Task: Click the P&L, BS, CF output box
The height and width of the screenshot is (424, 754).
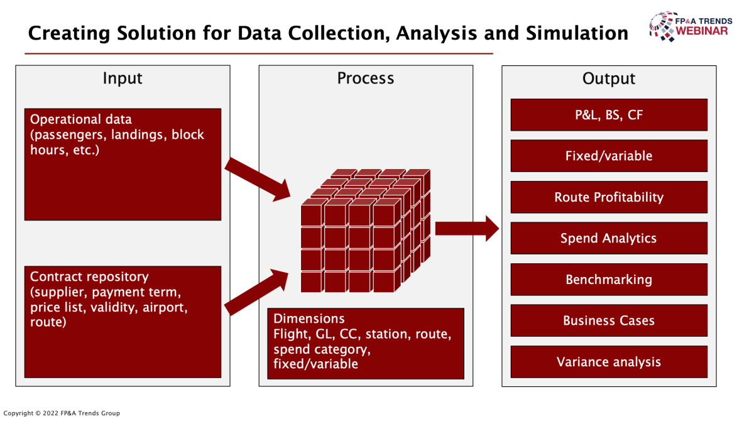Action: (609, 115)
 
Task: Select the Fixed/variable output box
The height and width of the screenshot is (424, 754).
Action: (609, 156)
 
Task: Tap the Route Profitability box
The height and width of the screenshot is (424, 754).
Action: (609, 197)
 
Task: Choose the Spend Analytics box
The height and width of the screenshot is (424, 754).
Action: (609, 238)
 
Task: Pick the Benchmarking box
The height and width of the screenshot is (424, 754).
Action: (609, 280)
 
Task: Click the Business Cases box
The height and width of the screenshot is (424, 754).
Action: (609, 321)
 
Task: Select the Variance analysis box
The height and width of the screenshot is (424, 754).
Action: (609, 362)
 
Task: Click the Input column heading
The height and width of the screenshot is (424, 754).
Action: (123, 79)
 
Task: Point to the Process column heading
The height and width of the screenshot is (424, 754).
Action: (366, 79)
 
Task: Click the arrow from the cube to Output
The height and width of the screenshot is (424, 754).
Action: (467, 229)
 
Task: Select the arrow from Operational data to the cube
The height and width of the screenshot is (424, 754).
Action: (258, 180)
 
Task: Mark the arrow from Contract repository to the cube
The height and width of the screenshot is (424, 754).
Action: (256, 292)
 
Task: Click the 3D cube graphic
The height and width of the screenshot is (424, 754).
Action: (366, 231)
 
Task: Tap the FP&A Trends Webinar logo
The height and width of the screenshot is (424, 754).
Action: (691, 26)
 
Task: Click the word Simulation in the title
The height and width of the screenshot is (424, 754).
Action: (577, 33)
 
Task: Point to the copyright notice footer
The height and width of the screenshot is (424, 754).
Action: (62, 413)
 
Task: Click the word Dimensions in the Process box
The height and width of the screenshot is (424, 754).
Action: (309, 318)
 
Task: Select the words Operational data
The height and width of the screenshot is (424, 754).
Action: (81, 119)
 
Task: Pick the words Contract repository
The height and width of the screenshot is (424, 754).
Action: (89, 277)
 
